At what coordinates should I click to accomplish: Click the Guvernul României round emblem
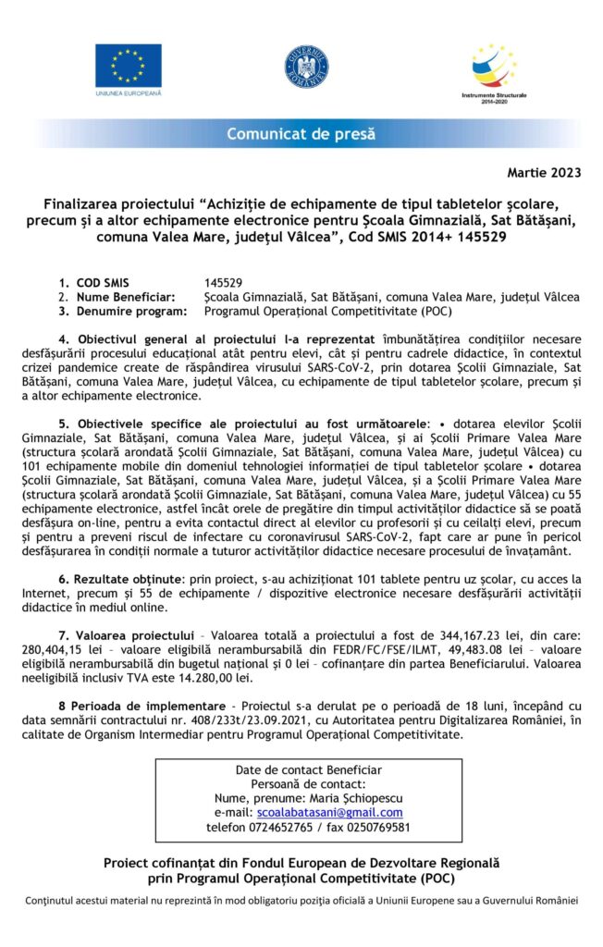(306, 67)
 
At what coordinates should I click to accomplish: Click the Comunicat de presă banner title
(301, 134)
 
